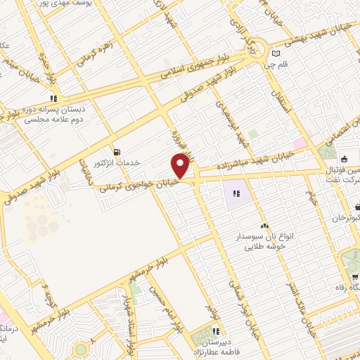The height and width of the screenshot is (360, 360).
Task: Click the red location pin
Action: click(180, 167)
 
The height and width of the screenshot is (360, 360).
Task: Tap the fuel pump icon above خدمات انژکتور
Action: click(117, 151)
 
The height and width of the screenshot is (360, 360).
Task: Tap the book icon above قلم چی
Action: click(276, 53)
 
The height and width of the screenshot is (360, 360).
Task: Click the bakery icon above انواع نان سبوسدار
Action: click(264, 226)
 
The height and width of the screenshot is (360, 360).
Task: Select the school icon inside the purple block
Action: click(237, 191)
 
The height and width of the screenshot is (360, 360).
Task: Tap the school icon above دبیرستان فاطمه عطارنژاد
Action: click(216, 330)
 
